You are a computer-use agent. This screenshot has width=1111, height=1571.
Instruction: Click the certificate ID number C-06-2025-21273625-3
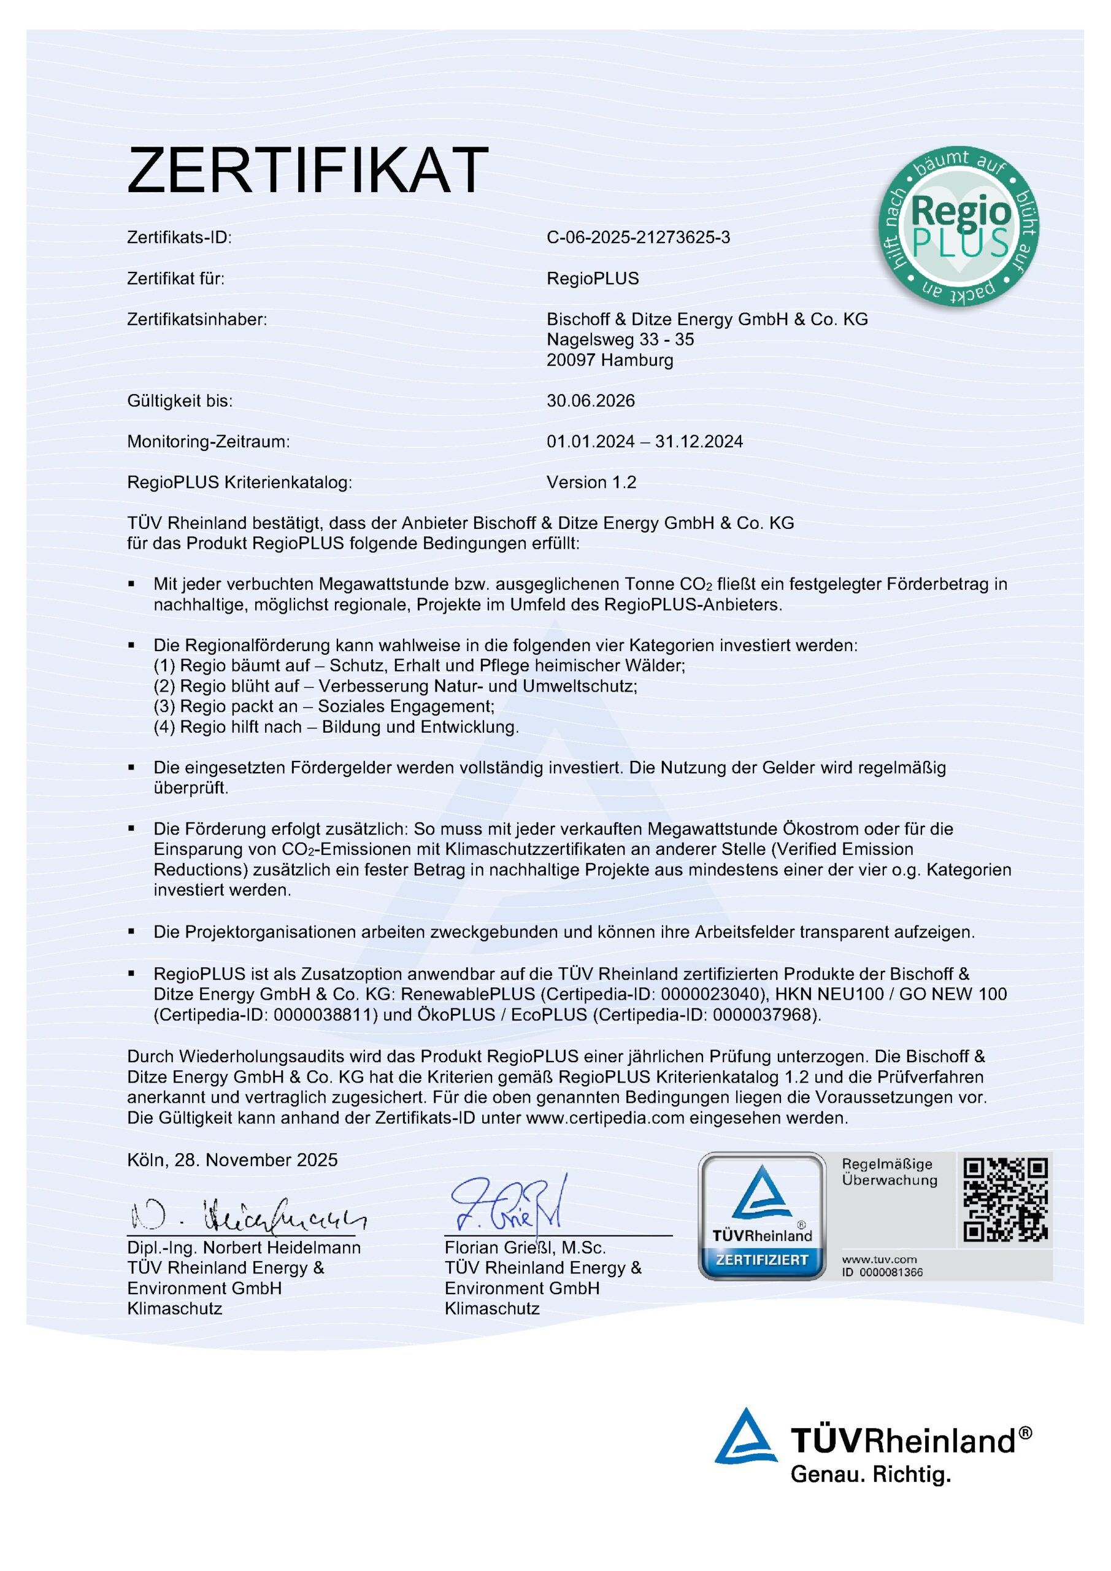tap(637, 237)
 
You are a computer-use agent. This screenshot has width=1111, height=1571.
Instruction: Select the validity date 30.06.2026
tap(590, 401)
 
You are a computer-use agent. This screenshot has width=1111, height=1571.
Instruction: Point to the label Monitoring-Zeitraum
tap(208, 442)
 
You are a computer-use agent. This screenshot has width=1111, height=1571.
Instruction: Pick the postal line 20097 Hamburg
tap(610, 360)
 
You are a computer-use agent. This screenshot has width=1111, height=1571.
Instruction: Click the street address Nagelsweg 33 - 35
tap(620, 339)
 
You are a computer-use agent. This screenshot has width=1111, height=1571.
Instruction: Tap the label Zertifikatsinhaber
tap(197, 320)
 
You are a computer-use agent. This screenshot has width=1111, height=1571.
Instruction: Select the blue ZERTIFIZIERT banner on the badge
tap(761, 1260)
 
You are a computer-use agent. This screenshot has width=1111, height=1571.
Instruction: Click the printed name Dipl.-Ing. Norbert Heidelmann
tap(244, 1248)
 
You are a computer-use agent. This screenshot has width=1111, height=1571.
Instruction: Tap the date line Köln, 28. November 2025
tap(232, 1160)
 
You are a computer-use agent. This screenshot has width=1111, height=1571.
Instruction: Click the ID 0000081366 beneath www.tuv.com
tap(883, 1273)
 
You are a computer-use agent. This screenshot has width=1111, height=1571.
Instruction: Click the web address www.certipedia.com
tap(605, 1118)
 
